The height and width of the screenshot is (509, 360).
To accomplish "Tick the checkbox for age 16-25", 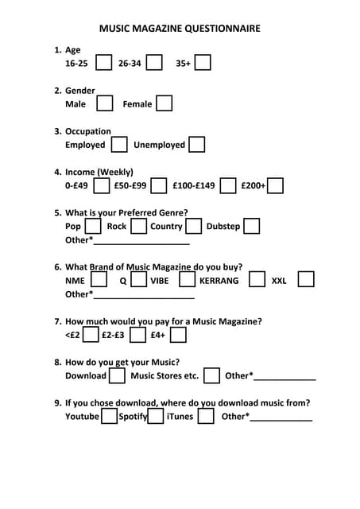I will (x=103, y=62).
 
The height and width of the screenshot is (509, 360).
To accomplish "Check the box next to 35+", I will (x=203, y=62).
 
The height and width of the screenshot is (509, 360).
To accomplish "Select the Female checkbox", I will (x=164, y=103).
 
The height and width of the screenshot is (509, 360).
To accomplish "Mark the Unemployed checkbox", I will (x=196, y=145).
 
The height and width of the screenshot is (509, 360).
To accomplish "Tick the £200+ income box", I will (x=276, y=185).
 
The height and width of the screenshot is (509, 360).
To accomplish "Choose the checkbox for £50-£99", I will (x=157, y=185).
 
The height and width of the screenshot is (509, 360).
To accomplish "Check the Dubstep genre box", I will (x=251, y=227).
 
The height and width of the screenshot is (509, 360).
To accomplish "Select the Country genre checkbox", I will (x=193, y=227).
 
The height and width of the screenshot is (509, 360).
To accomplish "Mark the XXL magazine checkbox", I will (x=306, y=280).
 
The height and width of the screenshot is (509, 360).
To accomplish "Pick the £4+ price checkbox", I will (x=179, y=335).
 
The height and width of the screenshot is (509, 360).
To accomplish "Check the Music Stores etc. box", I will (x=211, y=375).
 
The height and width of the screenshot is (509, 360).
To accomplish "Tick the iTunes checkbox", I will (x=206, y=416).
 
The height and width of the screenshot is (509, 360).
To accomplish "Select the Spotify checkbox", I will (x=156, y=416).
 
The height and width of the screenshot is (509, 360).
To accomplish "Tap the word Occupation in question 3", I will (x=88, y=131).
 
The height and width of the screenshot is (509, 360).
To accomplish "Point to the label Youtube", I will (x=82, y=416).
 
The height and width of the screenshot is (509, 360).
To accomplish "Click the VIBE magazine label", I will (x=159, y=281).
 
